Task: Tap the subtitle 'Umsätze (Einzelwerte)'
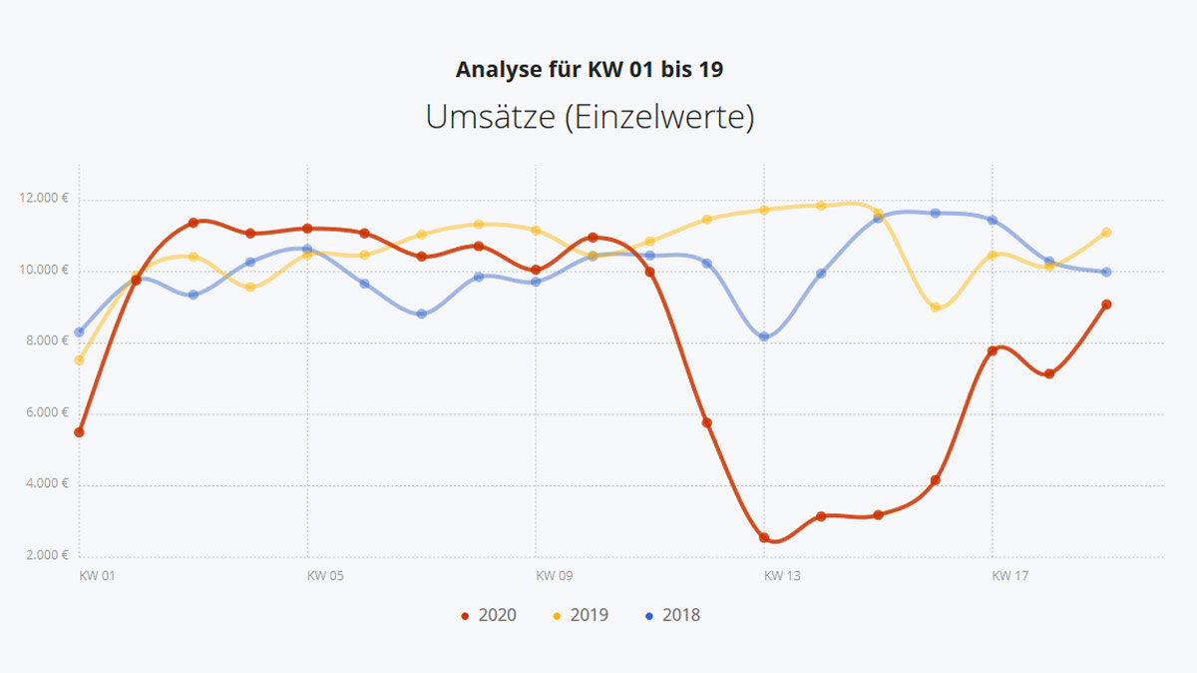(590, 117)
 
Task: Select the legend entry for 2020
(489, 615)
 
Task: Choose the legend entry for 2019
(581, 615)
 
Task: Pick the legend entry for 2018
(672, 615)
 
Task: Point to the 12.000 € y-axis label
(44, 199)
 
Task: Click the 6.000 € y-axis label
(46, 413)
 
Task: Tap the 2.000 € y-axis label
(46, 555)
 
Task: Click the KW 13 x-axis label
(782, 576)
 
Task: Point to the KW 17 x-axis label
(1009, 576)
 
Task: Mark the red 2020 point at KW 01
(79, 432)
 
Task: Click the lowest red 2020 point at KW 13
(764, 537)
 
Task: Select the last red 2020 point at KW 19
(1106, 305)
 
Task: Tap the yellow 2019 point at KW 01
(79, 359)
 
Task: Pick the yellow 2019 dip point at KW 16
(936, 308)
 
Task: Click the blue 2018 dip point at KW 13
(764, 336)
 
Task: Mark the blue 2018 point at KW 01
(79, 332)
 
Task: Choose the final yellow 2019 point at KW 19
(1106, 233)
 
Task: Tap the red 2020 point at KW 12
(707, 422)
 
